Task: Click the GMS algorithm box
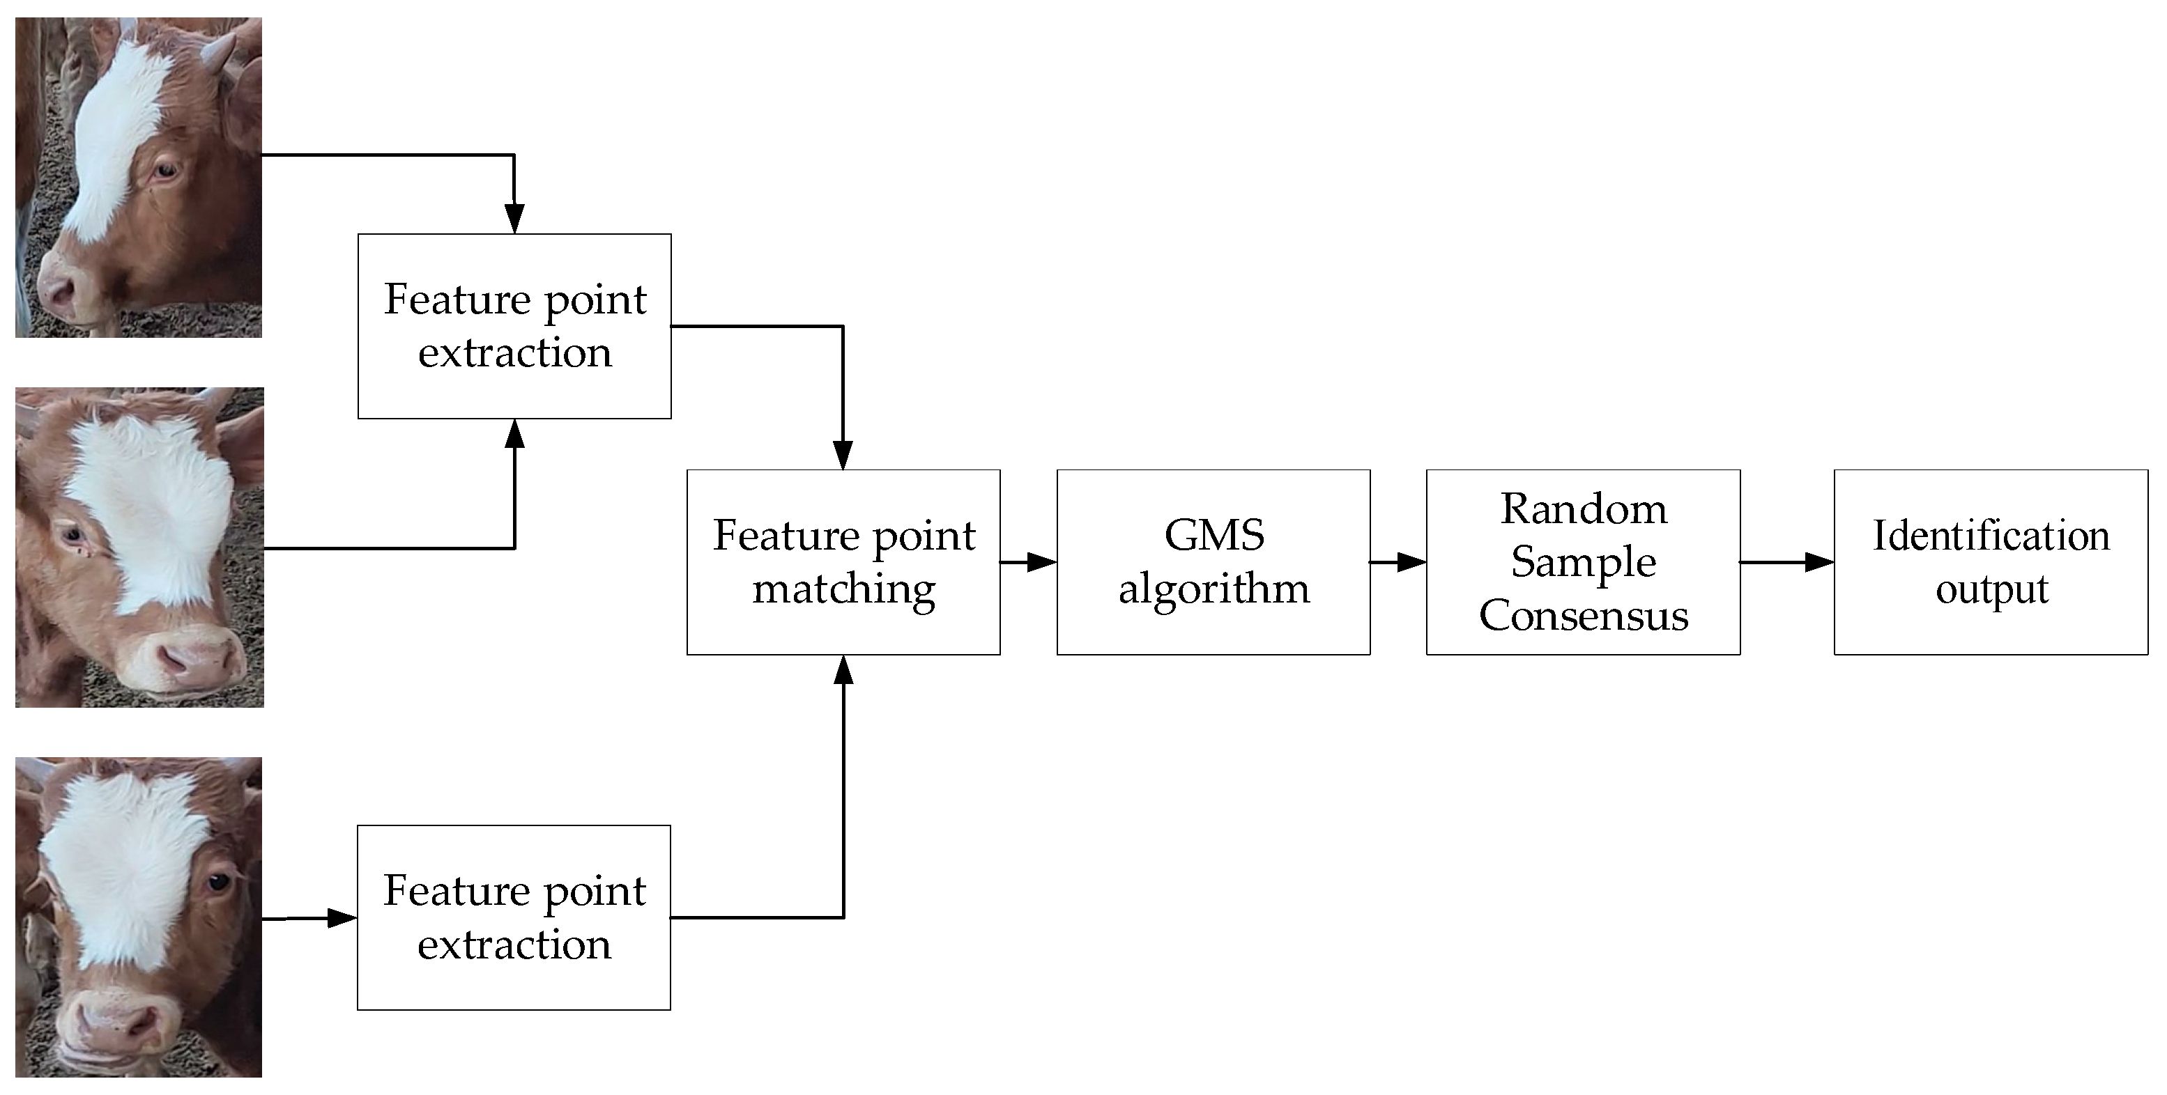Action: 1213,562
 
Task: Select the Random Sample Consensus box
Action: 1582,562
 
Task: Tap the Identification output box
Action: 1991,562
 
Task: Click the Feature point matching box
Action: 843,562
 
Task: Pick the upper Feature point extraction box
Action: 514,326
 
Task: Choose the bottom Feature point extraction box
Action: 513,917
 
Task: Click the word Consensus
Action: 1583,616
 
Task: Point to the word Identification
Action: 1991,536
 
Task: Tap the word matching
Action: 843,589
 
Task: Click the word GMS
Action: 1213,536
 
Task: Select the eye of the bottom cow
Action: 219,883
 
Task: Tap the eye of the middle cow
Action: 72,534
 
